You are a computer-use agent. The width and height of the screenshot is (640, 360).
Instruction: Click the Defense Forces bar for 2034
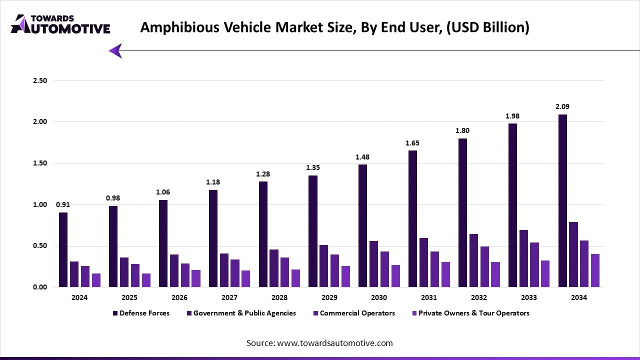(562, 200)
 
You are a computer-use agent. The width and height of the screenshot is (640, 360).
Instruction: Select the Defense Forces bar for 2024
(63, 249)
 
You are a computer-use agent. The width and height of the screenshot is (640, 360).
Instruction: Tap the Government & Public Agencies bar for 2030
(373, 264)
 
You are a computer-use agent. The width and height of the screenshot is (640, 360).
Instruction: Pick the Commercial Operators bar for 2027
(235, 273)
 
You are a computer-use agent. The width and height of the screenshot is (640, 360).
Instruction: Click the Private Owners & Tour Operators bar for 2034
(595, 270)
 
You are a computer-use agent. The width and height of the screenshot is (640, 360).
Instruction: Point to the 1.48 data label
(363, 157)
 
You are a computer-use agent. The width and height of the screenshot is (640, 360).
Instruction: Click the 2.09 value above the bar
(562, 106)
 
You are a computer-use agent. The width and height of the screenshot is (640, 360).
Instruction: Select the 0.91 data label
(63, 204)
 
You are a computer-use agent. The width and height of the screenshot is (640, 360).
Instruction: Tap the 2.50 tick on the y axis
(39, 81)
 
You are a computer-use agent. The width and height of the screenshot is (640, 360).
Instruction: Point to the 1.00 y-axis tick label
(39, 204)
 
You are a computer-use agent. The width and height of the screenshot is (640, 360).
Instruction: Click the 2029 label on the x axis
(329, 297)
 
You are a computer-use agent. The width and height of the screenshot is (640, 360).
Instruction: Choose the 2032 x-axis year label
(479, 297)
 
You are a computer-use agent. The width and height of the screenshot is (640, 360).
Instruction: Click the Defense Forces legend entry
(141, 313)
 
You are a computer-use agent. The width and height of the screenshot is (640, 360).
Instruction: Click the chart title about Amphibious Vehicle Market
(334, 27)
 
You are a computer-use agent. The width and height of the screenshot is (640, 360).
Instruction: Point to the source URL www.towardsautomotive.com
(319, 343)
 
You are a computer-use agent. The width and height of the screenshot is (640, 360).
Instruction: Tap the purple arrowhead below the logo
(115, 50)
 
